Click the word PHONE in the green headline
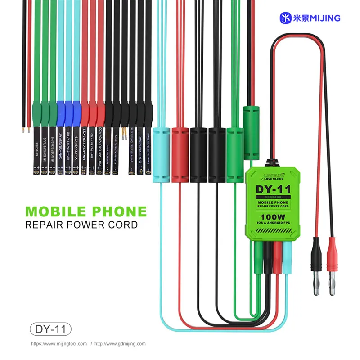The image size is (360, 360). (x=119, y=211)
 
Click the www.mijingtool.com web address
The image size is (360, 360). (x=59, y=344)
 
